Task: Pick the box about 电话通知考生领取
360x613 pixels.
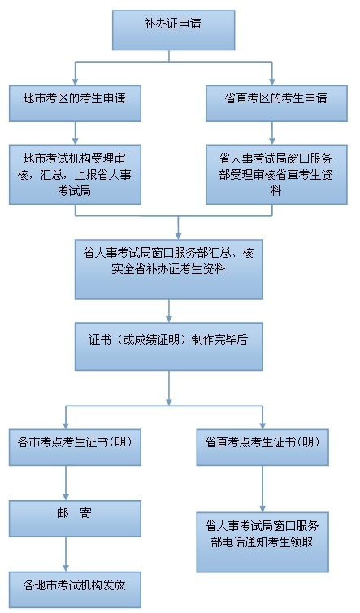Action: (262, 541)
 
